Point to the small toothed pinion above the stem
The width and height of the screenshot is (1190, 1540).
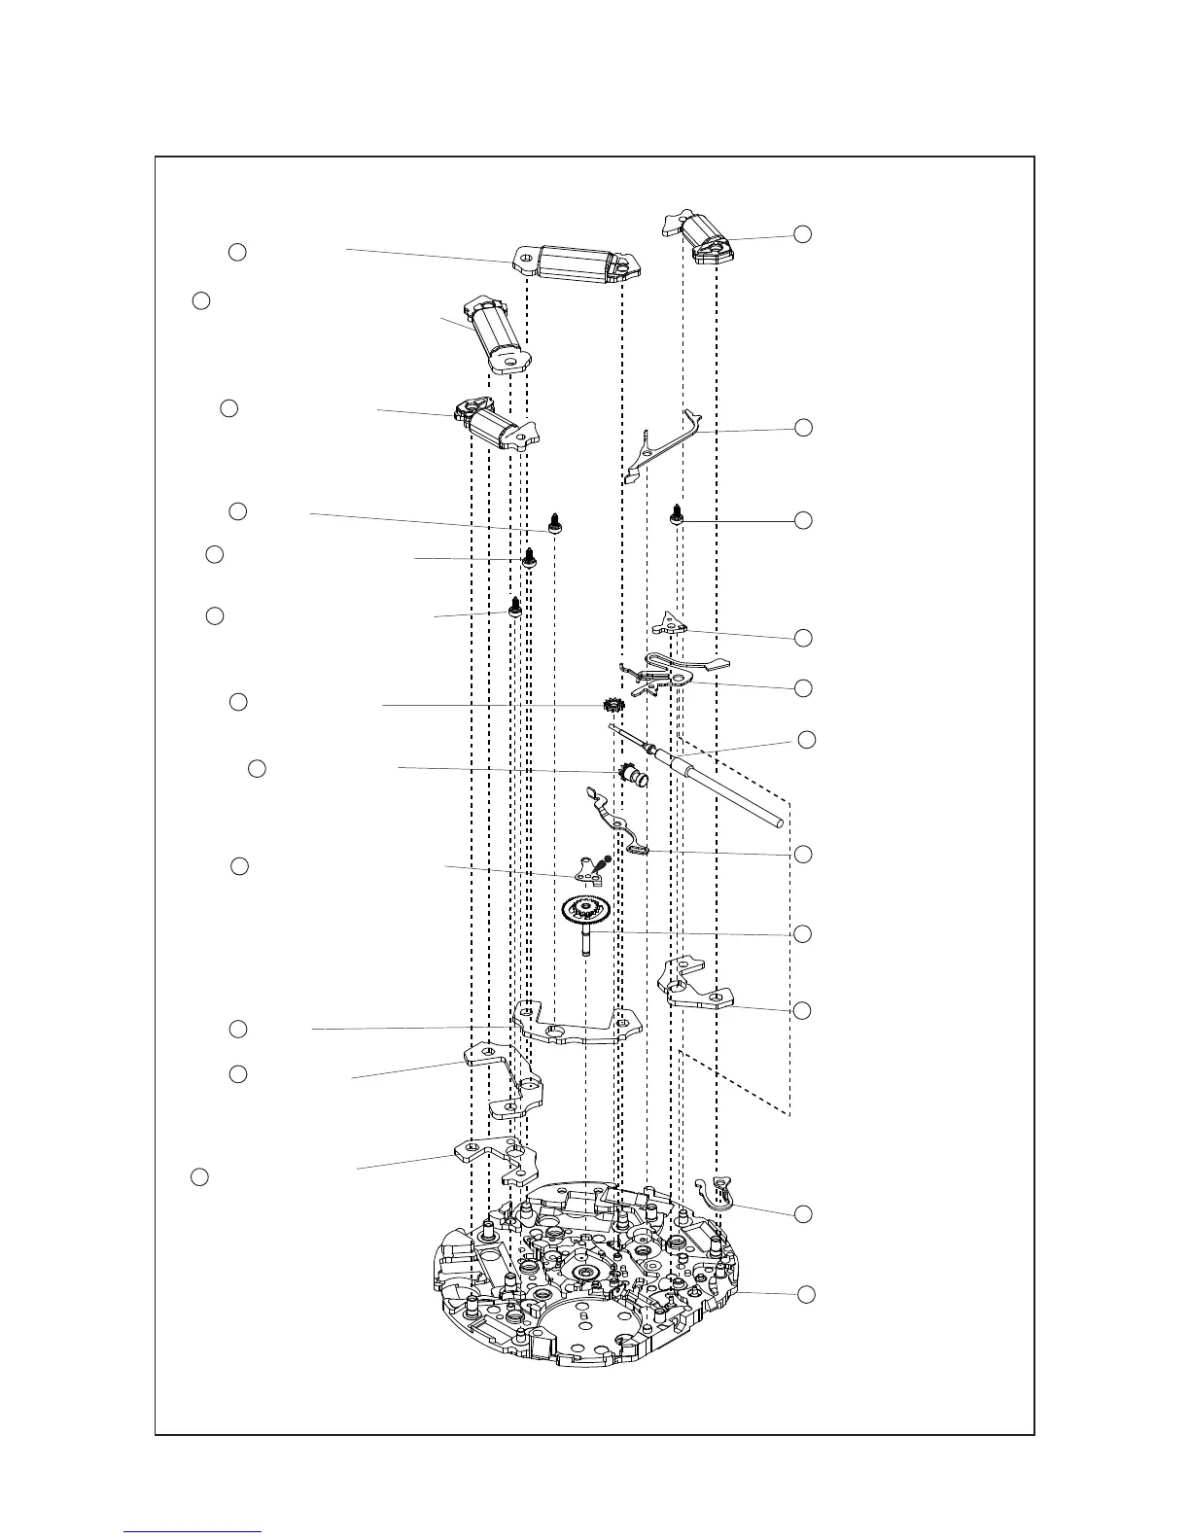click(x=612, y=705)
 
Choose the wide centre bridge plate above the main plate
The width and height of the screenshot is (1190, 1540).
click(x=579, y=1026)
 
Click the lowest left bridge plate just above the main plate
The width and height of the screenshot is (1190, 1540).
click(x=497, y=1157)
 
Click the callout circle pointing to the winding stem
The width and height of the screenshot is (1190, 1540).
click(x=806, y=740)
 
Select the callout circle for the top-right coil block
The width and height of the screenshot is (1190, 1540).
click(x=803, y=233)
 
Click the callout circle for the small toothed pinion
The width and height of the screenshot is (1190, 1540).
click(x=238, y=702)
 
